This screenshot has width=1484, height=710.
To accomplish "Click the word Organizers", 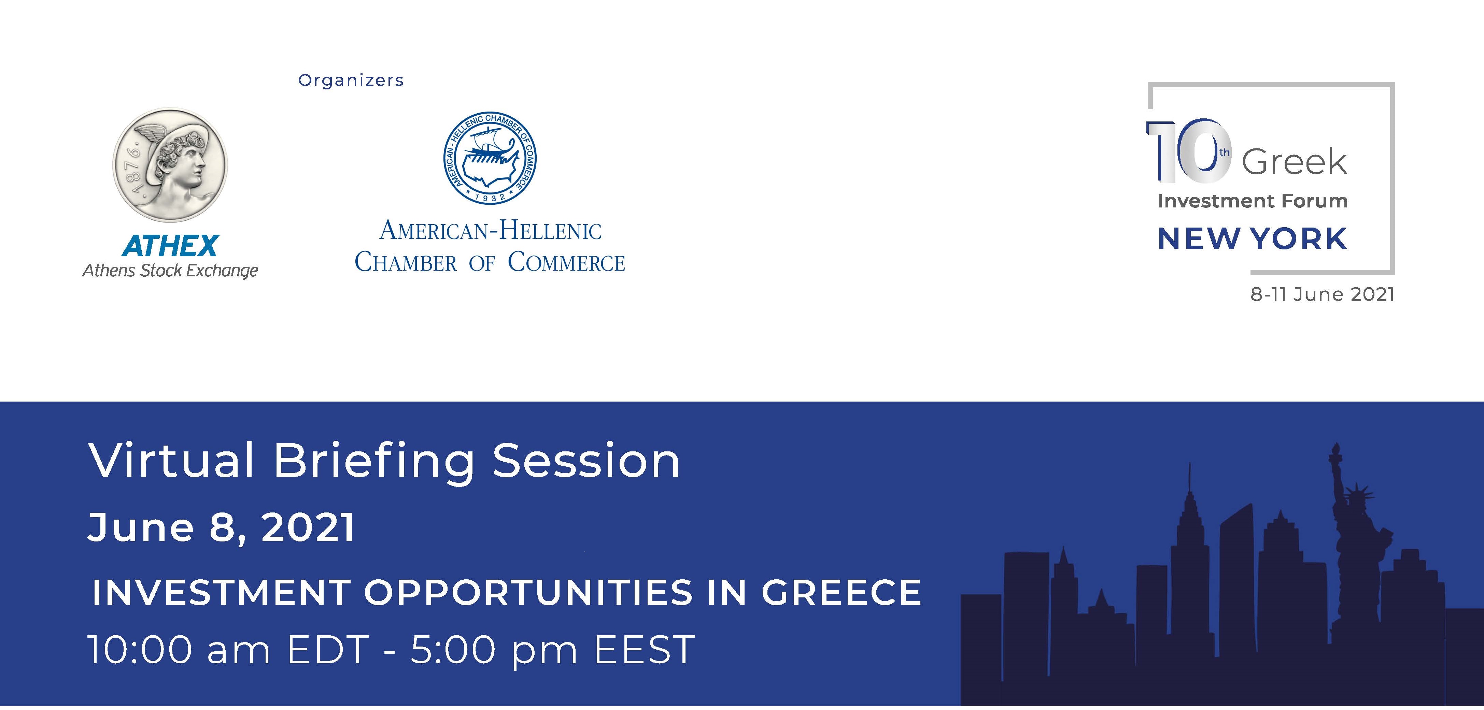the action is tap(351, 81).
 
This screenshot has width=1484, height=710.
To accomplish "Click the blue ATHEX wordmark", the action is tap(171, 246).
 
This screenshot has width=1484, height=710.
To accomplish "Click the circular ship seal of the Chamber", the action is tap(490, 158).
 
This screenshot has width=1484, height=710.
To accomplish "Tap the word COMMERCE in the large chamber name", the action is tap(566, 263).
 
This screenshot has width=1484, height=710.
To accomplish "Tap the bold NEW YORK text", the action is tap(1253, 238).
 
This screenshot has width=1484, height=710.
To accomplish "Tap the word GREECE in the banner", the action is tap(842, 592).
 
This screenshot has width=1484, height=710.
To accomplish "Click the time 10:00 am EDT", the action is tap(228, 650).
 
